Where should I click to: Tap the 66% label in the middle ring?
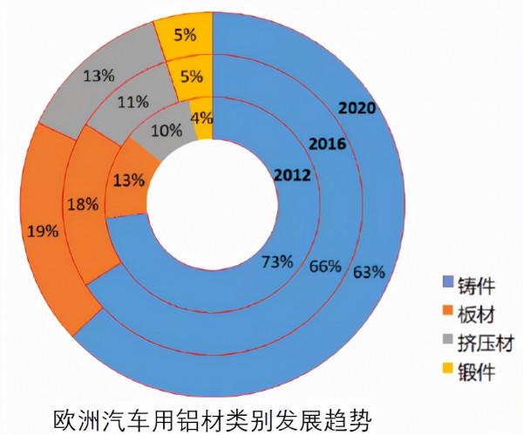[324, 266]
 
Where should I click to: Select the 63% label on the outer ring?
[369, 271]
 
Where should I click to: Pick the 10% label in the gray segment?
[166, 131]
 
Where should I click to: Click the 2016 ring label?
[328, 143]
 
